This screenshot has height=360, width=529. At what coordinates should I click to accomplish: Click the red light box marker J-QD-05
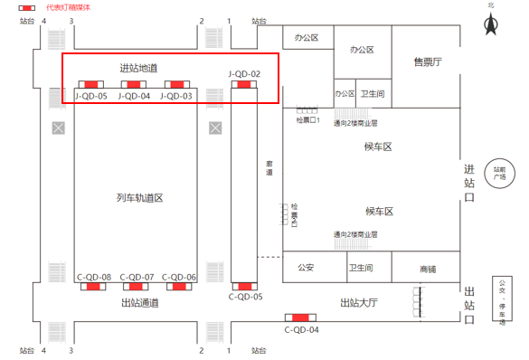click(90, 85)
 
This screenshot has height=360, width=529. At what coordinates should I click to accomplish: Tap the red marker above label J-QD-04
click(134, 85)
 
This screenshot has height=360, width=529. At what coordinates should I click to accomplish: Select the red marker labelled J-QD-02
click(244, 85)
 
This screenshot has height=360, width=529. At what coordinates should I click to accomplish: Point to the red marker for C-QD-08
click(93, 288)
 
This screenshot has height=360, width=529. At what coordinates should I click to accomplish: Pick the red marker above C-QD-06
click(179, 288)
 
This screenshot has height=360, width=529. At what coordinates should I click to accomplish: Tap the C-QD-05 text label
click(245, 297)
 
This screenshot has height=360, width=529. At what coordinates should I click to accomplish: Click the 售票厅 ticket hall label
click(427, 62)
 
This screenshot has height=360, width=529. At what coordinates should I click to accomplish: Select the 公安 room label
click(306, 268)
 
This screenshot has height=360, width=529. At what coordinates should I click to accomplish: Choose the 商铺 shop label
click(428, 269)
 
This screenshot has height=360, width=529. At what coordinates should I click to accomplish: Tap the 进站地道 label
click(138, 68)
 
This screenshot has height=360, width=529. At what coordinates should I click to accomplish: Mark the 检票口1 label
click(308, 119)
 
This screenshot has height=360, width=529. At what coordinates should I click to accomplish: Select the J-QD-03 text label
click(176, 96)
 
